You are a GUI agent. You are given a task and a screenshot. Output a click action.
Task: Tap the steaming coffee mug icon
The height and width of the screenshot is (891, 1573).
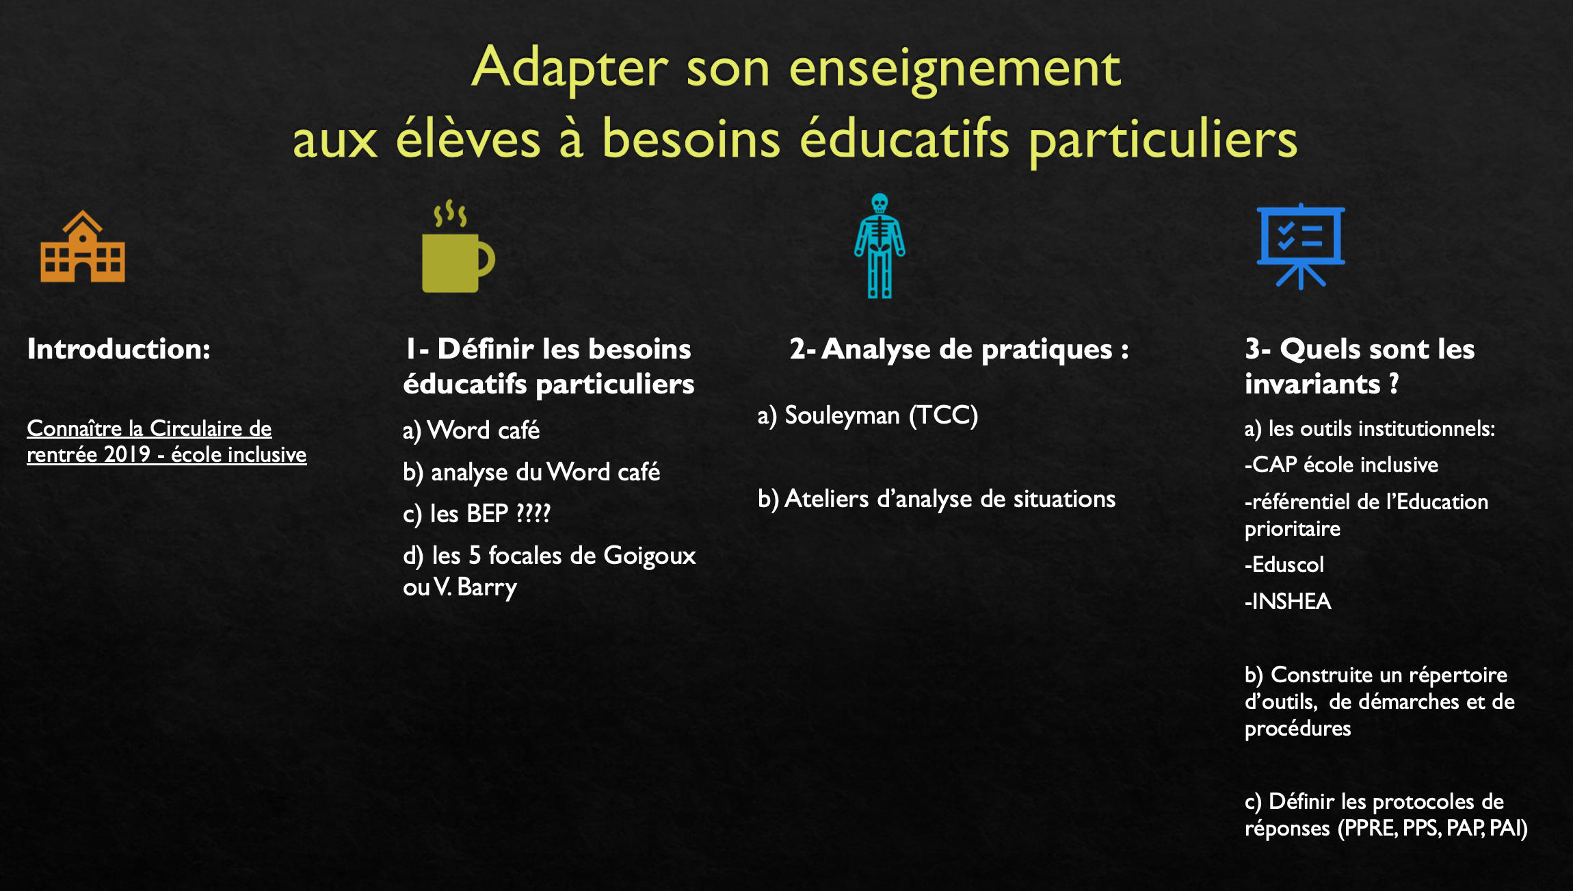(458, 246)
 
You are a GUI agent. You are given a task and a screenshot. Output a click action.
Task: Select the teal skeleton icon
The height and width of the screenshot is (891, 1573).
(880, 246)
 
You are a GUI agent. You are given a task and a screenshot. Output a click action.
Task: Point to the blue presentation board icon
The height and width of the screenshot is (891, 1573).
(1301, 246)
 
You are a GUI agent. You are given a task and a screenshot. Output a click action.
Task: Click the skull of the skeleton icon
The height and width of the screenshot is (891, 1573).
(880, 204)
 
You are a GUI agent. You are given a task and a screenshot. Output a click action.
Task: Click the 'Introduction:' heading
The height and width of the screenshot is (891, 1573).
(119, 349)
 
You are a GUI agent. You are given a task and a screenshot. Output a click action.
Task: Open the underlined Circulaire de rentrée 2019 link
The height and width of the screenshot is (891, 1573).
(166, 441)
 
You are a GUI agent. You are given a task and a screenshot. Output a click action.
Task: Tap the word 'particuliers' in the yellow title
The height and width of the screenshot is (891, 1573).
(1163, 140)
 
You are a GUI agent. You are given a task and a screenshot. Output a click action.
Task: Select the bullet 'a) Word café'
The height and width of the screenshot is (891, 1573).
(471, 430)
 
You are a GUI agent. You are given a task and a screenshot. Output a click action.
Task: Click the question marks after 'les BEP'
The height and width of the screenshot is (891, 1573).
(533, 513)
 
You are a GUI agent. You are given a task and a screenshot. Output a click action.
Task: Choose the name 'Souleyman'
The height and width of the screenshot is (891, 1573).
(842, 415)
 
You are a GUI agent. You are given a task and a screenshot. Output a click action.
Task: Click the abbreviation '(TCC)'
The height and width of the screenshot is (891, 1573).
(944, 415)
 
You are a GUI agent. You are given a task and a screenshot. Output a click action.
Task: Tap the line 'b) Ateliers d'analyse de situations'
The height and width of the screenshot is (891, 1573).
(936, 499)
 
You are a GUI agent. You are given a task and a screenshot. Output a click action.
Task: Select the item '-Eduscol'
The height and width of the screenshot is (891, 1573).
(1284, 565)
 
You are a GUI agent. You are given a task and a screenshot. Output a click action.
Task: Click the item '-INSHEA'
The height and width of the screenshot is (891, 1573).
(1288, 601)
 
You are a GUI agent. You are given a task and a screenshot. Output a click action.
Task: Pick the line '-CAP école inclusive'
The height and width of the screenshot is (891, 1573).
(1341, 465)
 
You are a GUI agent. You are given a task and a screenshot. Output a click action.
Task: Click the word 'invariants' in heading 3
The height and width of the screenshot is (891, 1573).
(1312, 384)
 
